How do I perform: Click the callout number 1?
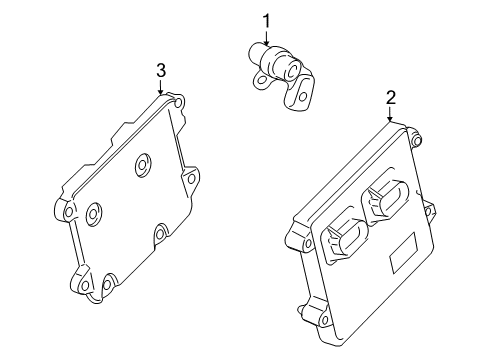point(266,19)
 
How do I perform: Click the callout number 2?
point(391,97)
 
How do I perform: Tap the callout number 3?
point(160,69)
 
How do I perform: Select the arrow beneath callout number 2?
point(391,116)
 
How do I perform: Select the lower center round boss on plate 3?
point(95,212)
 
